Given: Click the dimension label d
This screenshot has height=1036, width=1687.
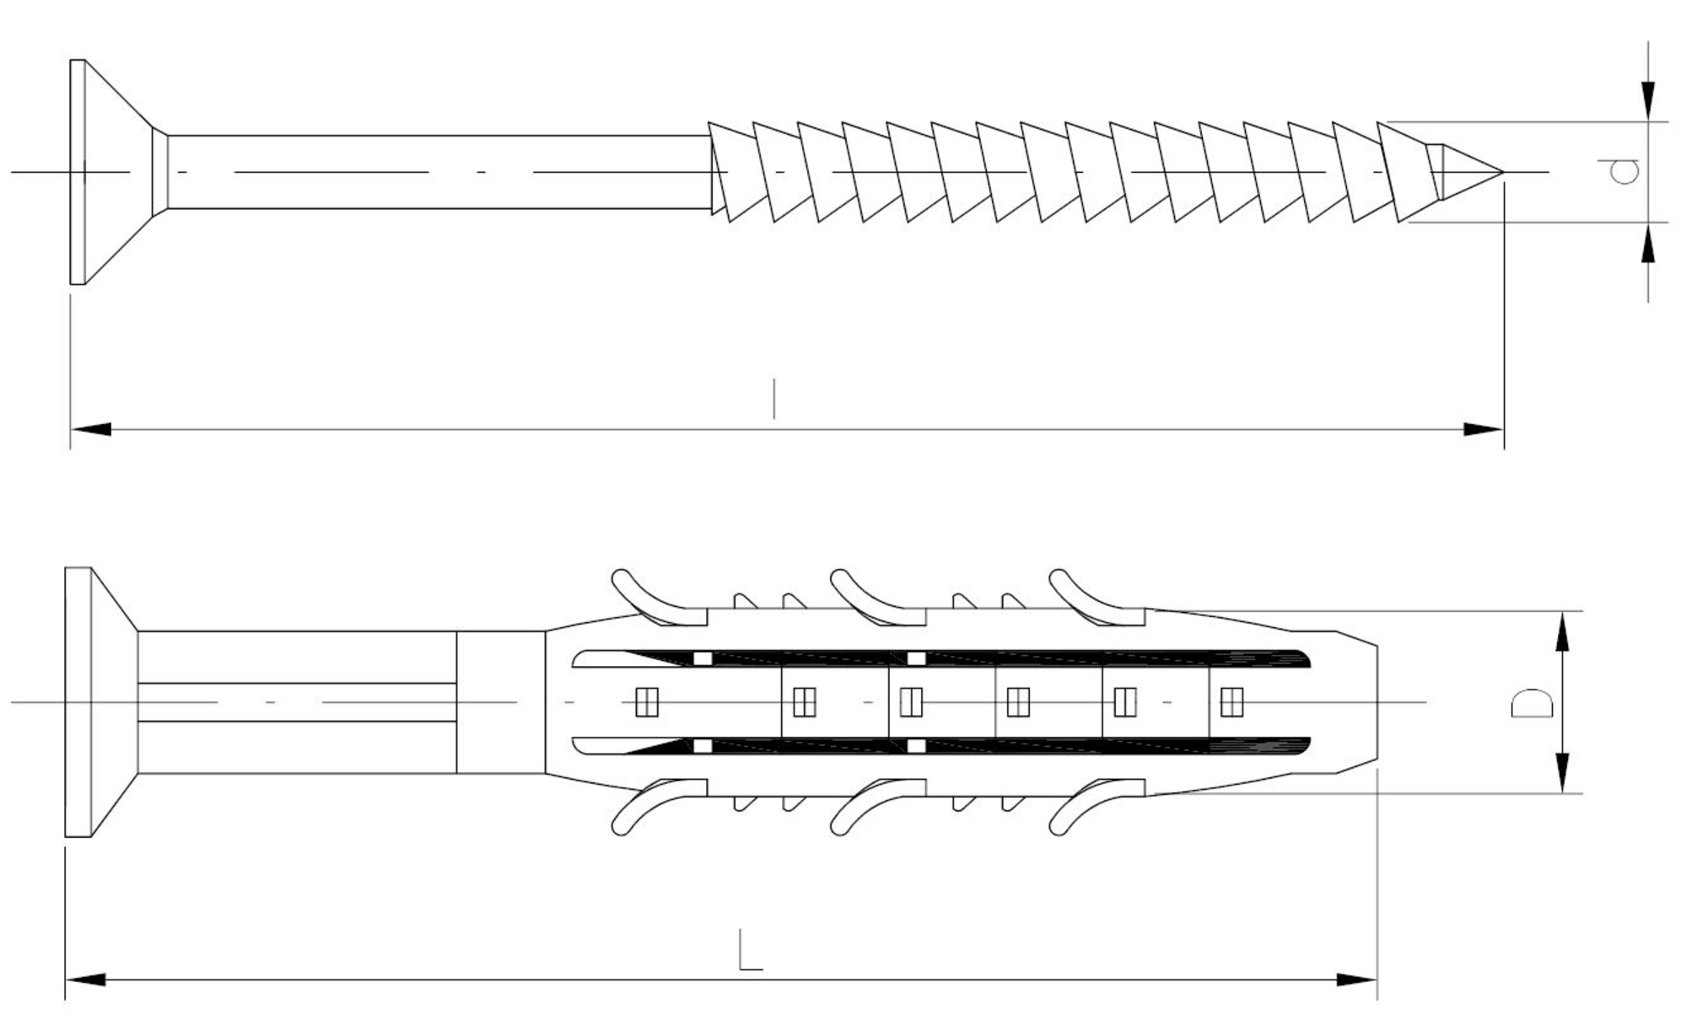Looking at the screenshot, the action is click(1624, 171).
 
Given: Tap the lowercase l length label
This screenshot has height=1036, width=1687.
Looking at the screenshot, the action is click(774, 399).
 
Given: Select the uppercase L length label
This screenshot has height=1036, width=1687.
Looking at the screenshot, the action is click(750, 949).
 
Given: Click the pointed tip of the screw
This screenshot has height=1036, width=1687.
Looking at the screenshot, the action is click(1503, 173).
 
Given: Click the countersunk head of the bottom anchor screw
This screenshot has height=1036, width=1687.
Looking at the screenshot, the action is click(101, 702).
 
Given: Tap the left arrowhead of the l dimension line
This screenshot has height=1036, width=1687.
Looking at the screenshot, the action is click(91, 430).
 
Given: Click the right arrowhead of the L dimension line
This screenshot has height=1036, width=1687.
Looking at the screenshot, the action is click(1356, 980).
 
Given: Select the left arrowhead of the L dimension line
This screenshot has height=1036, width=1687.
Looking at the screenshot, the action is click(86, 980).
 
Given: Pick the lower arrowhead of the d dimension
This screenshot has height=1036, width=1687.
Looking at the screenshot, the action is click(1648, 243).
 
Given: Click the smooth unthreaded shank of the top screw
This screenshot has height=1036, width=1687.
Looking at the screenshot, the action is click(439, 172).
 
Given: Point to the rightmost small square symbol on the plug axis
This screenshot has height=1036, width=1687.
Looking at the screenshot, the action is click(1232, 702).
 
